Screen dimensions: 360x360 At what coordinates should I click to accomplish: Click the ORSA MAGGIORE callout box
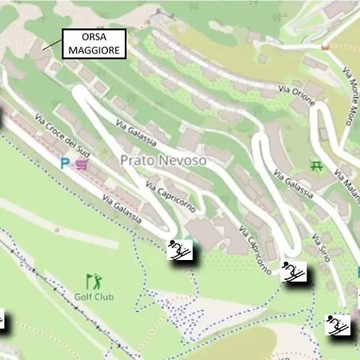[93, 43]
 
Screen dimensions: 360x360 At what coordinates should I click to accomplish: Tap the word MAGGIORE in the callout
[93, 50]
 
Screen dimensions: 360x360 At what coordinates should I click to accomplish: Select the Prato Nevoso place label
[163, 160]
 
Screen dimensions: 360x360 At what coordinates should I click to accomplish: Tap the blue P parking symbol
[65, 162]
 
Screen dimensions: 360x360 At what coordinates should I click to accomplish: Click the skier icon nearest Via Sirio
[294, 272]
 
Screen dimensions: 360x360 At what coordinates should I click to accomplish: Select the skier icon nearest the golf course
[180, 251]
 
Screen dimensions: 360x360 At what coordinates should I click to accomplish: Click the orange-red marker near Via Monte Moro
[325, 47]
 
